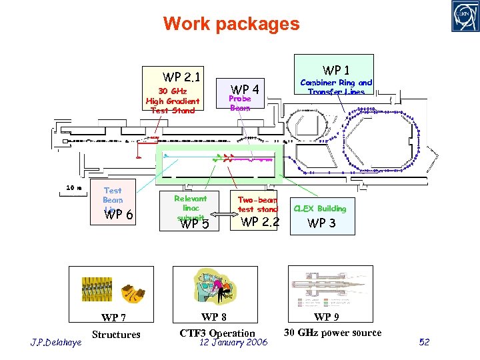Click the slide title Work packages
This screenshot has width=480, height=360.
(x=231, y=25)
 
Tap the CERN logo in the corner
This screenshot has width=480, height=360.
(x=462, y=17)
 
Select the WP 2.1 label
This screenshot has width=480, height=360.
(x=182, y=77)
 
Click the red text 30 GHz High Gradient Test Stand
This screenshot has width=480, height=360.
(x=173, y=101)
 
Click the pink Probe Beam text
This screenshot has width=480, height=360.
(x=240, y=103)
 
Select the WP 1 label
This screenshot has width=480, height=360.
(x=336, y=70)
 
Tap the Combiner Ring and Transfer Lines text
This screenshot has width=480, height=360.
(x=336, y=87)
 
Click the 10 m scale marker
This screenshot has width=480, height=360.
(x=73, y=188)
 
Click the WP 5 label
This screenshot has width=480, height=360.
(x=195, y=224)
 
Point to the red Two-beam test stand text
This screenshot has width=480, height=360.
(x=257, y=205)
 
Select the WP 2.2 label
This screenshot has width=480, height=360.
(x=260, y=222)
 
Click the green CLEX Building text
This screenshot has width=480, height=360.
(x=320, y=209)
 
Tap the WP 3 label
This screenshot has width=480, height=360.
(x=321, y=223)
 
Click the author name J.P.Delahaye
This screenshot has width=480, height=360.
(x=56, y=343)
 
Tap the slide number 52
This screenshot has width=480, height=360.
(x=425, y=342)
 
